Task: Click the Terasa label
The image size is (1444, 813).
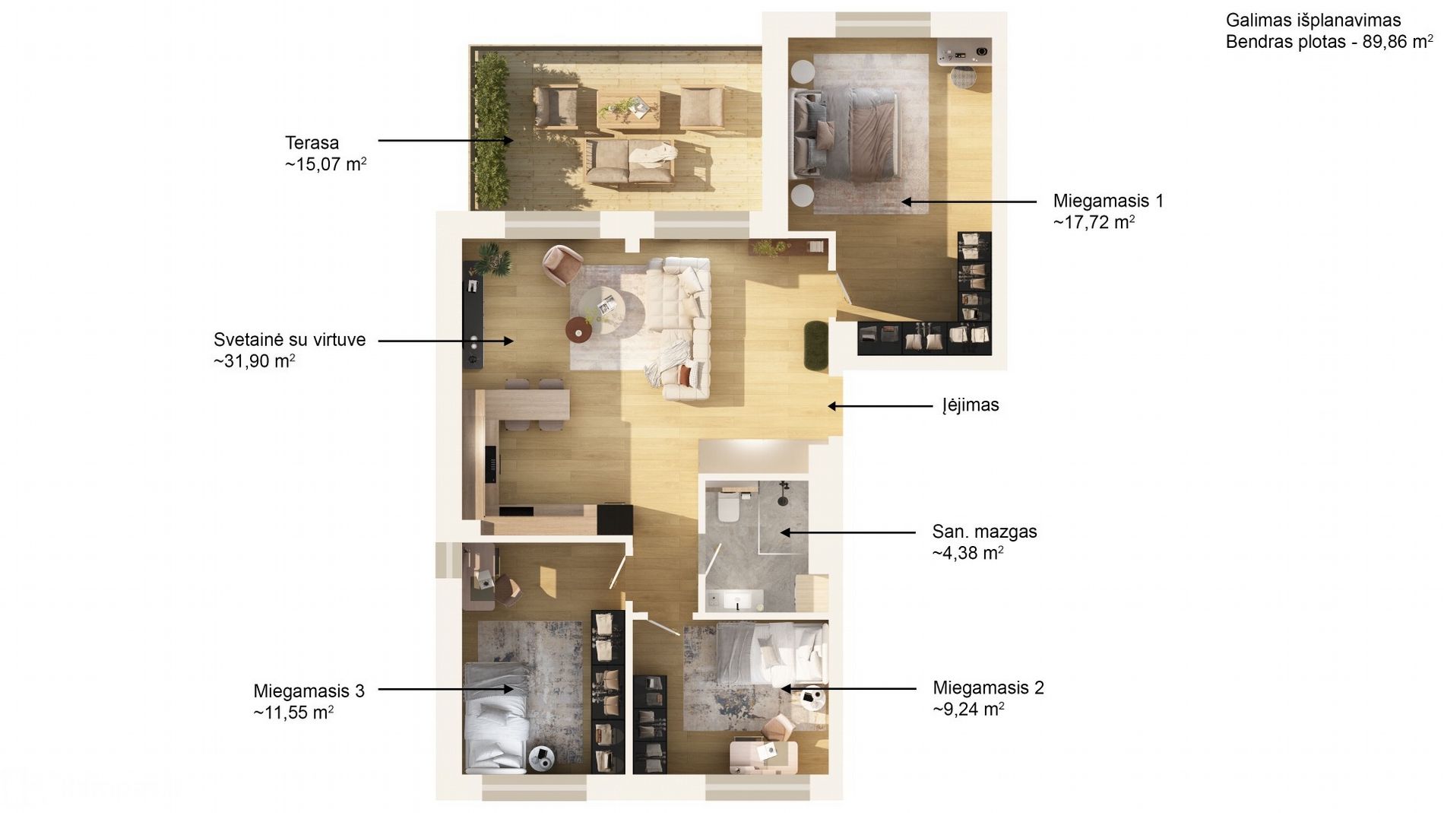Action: click(x=312, y=143)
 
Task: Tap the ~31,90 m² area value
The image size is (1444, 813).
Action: click(x=255, y=360)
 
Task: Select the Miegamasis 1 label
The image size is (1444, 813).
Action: click(x=1108, y=201)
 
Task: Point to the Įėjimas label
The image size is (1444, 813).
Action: click(x=971, y=405)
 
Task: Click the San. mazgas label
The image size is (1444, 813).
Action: click(x=984, y=532)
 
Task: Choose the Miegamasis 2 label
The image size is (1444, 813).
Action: click(x=988, y=688)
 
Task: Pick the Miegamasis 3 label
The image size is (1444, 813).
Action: click(x=309, y=691)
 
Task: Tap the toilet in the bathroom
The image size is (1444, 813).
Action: click(x=728, y=507)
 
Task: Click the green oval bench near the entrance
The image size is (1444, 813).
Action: click(x=816, y=347)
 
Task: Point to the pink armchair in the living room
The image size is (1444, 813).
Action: click(x=562, y=265)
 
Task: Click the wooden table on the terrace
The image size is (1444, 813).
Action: click(x=628, y=111)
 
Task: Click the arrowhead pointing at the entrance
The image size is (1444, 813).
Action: click(x=832, y=406)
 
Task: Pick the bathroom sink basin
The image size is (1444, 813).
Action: click(x=736, y=601)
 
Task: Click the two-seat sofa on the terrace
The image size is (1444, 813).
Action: click(x=630, y=163)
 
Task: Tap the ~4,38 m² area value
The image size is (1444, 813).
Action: click(x=967, y=553)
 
